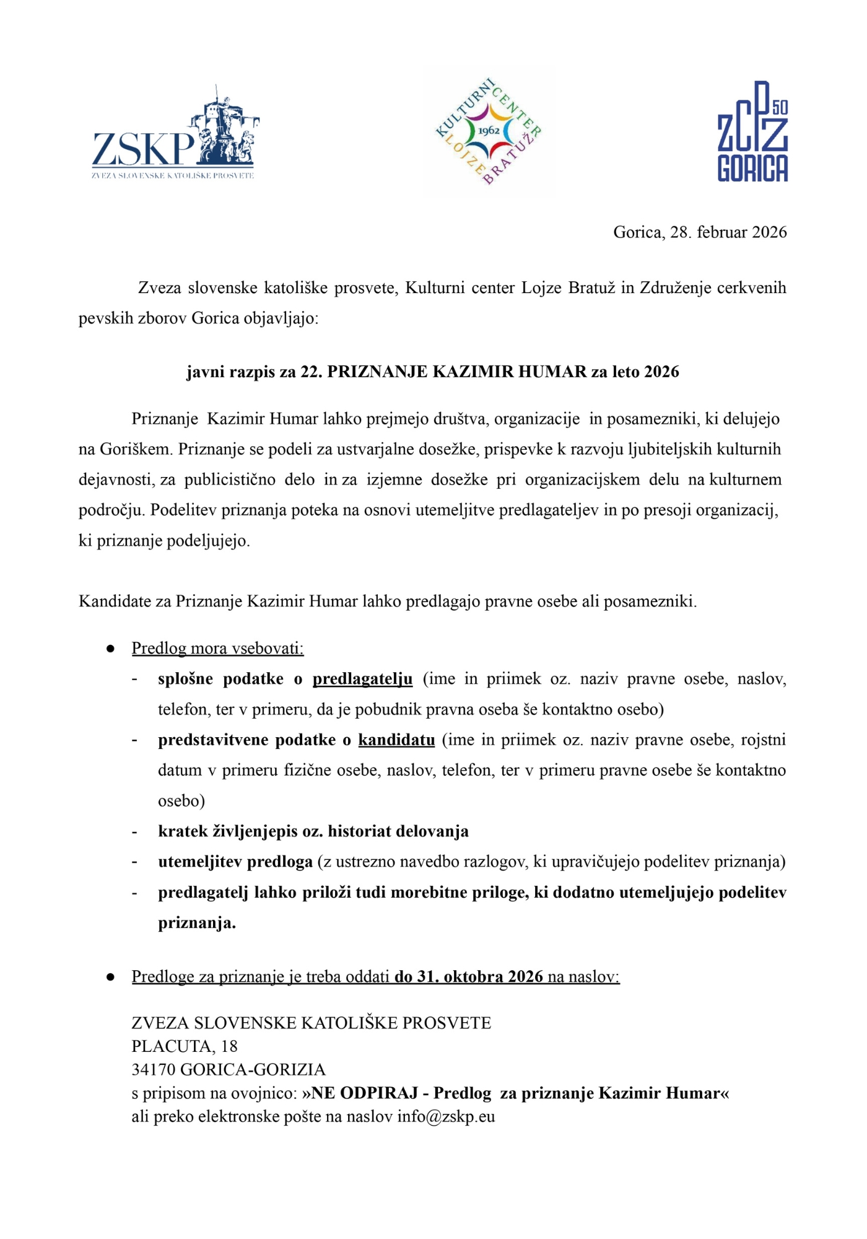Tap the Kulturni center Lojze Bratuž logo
(x=489, y=131)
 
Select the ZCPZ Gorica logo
(x=752, y=131)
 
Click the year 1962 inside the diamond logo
(x=489, y=131)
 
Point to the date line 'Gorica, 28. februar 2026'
(x=700, y=232)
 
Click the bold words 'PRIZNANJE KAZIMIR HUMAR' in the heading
(x=456, y=372)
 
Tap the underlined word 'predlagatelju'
(x=362, y=679)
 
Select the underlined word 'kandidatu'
(x=396, y=740)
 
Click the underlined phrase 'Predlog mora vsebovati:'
(x=217, y=649)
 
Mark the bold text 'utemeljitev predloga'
(x=235, y=862)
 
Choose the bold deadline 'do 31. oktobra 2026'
(x=469, y=977)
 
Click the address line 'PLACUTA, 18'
(x=185, y=1046)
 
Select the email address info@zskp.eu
(x=446, y=1117)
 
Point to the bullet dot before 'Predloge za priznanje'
(x=110, y=977)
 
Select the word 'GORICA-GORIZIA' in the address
(x=253, y=1070)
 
